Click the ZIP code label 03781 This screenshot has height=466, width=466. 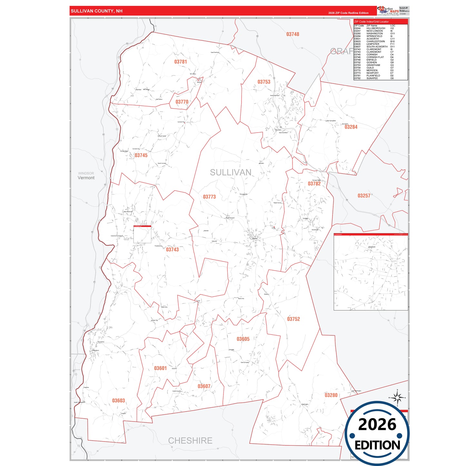tap(181, 62)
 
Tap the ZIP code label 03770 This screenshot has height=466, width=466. tap(182, 102)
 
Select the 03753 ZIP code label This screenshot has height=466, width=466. tap(264, 82)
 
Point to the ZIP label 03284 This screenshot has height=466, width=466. tap(351, 127)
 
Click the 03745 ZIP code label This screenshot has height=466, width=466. tap(141, 155)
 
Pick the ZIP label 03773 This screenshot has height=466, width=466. tap(209, 197)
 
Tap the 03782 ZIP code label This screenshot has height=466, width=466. tap(314, 184)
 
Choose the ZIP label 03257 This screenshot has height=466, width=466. tap(364, 196)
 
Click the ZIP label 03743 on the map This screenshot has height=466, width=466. tap(172, 250)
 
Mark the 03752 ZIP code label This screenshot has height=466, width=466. tap(293, 319)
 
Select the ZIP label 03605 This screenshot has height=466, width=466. tap(243, 339)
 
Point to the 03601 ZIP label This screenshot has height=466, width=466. tap(160, 368)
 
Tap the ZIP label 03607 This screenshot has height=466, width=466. tap(204, 386)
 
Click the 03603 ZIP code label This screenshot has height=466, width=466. tap(118, 401)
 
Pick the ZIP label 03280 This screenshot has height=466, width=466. tap(331, 395)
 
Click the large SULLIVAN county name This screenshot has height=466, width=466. tap(231, 173)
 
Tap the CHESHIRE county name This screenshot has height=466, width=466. tap(190, 441)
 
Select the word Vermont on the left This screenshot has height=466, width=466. tap(86, 178)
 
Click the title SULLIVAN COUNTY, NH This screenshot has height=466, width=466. tap(96, 11)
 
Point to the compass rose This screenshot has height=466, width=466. tap(397, 398)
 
